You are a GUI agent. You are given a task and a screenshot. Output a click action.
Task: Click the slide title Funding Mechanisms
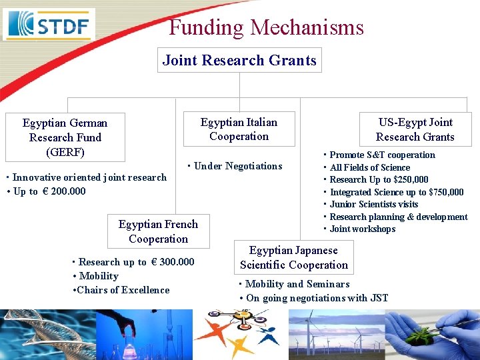266,27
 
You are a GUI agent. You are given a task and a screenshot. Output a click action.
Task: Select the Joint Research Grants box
239,60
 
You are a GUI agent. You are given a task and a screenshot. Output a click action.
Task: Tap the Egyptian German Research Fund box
65,137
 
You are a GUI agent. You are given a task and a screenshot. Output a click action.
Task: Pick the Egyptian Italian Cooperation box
239,129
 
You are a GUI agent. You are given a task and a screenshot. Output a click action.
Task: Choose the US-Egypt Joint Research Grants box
415,129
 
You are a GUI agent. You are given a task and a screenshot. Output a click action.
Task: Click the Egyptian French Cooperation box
158,231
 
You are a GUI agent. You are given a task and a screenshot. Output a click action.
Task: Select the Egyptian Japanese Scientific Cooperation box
294,257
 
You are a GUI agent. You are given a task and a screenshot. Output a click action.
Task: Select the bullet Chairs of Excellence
123,290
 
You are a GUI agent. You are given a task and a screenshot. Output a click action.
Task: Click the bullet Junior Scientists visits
373,204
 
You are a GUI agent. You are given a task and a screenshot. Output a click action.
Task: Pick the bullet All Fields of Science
369,167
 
